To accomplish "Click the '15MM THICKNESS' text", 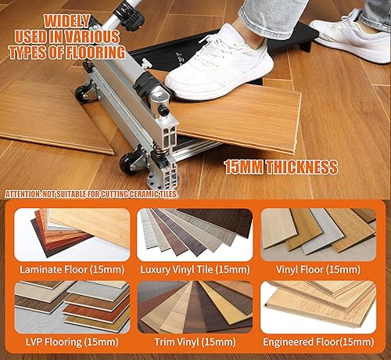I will tap(281, 167).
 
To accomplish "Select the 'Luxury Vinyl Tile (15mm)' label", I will tap(195, 268).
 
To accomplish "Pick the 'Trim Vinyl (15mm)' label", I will tap(195, 342).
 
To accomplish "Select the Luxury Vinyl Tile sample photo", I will tap(195, 233).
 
